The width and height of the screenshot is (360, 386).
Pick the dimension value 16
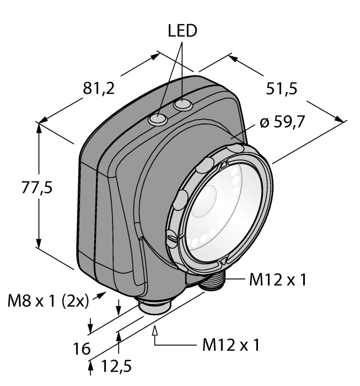coord(81,349)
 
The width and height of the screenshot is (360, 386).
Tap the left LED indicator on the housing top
coord(159,118)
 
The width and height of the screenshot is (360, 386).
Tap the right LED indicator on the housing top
coord(181,105)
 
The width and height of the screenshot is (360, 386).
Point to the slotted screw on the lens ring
coord(173,239)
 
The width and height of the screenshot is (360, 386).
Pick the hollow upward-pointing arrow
coord(155,331)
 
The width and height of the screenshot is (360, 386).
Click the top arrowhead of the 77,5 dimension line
coord(39,126)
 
